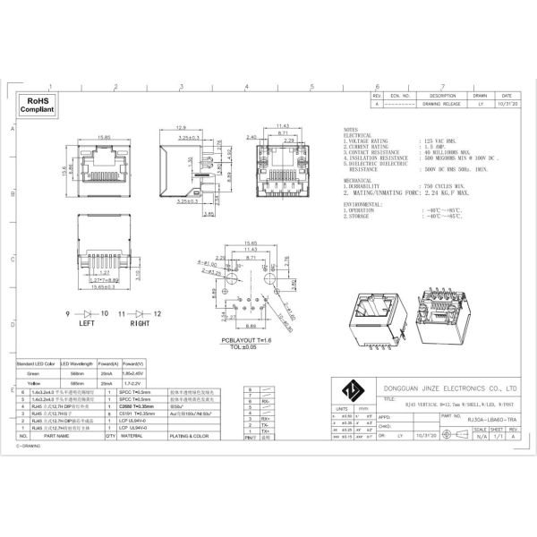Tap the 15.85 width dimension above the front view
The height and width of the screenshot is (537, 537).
pos(104,138)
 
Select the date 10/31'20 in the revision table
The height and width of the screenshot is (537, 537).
pos(506,104)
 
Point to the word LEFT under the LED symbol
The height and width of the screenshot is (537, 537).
pos(89,324)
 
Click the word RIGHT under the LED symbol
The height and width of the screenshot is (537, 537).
pos(141,324)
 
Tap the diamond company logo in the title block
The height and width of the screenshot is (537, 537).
pos(349,389)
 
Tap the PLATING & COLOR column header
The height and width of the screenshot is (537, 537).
pos(189,436)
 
